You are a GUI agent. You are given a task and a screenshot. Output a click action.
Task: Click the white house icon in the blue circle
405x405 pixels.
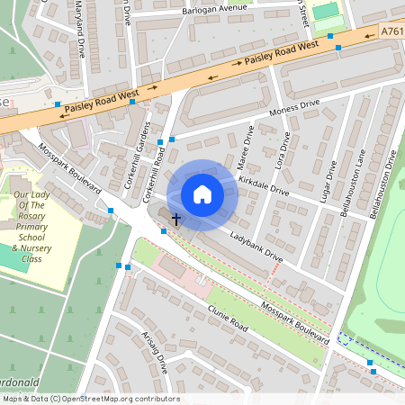[x=202, y=194]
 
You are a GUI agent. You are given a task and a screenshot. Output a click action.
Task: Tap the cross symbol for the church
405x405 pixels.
[x=176, y=219]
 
